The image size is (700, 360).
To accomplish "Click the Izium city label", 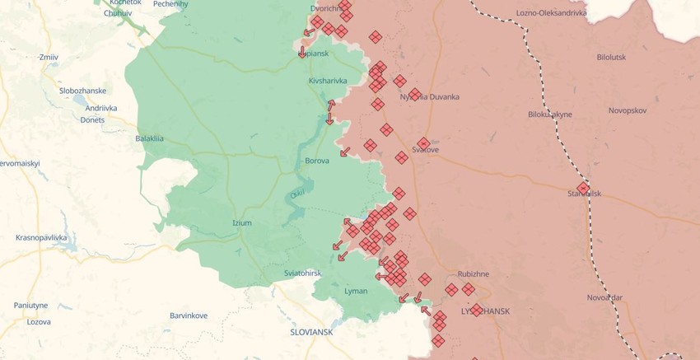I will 242,223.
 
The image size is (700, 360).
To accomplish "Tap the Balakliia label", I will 149,138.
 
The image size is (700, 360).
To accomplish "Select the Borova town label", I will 317,161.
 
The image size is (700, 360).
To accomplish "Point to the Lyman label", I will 356,291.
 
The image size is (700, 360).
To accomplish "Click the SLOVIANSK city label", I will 311,331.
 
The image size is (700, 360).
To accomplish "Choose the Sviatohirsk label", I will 303,273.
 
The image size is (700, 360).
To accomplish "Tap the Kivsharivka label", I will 328,81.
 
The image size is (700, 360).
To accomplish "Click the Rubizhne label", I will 474,274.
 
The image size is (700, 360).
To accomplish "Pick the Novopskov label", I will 628,110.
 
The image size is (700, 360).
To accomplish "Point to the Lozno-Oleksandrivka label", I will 551,13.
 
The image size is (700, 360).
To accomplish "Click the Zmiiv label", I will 49,57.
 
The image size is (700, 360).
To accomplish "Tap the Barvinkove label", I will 189,316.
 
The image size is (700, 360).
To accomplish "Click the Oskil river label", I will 296,194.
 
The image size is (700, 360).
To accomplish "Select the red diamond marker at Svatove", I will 423,143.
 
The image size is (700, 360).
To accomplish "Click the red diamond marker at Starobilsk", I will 583,189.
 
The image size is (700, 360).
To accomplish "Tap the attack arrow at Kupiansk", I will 302,52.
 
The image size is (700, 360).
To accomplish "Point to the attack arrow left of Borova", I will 344,152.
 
